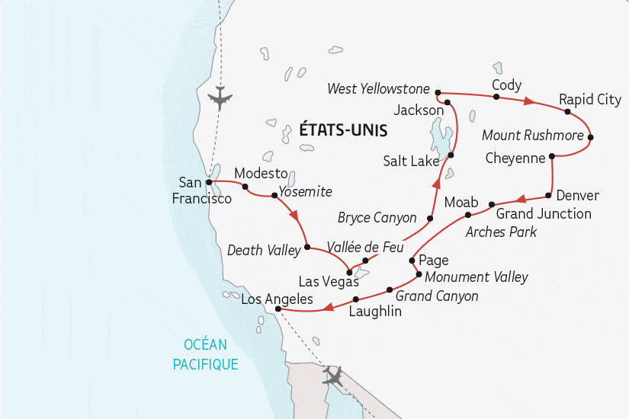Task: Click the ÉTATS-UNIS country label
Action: point(343,130)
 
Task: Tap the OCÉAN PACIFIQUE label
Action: point(205,355)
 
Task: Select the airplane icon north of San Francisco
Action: point(220,98)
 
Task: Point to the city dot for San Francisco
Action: point(208,182)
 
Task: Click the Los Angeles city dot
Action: point(278,309)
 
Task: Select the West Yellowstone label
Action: point(378,89)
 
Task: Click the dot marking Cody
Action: point(496,97)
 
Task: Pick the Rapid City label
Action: point(589,100)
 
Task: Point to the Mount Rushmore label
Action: point(533,136)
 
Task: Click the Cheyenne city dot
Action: point(551,156)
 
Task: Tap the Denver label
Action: point(577,196)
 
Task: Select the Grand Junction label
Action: point(544,213)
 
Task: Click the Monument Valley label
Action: point(476,277)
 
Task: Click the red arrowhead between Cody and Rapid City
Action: point(528,101)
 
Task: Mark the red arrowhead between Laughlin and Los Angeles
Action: point(326,308)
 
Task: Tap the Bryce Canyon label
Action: point(377,218)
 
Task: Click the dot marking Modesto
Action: point(245,186)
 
